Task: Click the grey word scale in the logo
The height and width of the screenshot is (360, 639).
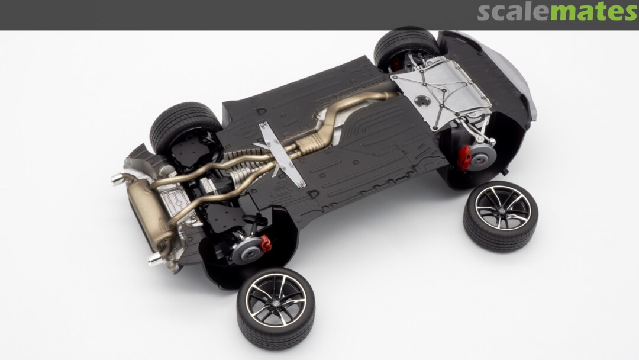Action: pyautogui.click(x=514, y=12)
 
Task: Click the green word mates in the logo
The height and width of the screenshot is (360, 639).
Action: pyautogui.click(x=594, y=12)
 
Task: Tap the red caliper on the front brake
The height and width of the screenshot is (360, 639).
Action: pyautogui.click(x=464, y=157)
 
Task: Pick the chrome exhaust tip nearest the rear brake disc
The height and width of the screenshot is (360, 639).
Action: pyautogui.click(x=155, y=259)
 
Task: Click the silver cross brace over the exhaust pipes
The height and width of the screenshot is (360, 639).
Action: pyautogui.click(x=281, y=154)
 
